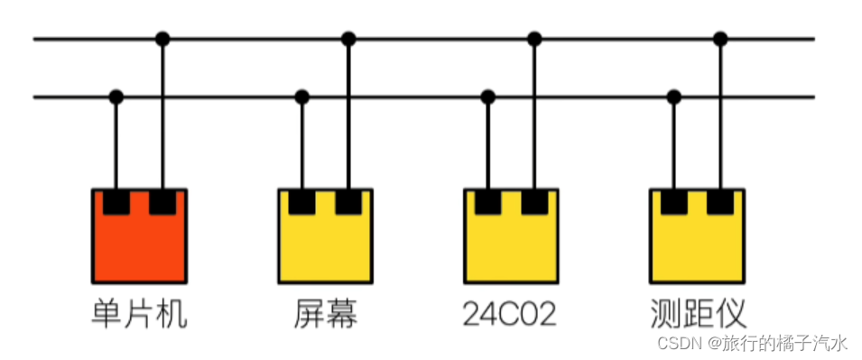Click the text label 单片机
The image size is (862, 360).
pos(139,313)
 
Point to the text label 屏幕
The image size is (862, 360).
pos(325,313)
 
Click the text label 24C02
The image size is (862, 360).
pos(510,313)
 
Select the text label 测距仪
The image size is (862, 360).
pos(697,313)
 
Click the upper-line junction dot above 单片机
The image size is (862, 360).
pos(162,39)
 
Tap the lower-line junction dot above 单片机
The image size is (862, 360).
pos(116,97)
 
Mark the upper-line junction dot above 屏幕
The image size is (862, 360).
pos(348,39)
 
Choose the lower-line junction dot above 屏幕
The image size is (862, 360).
pos(301,97)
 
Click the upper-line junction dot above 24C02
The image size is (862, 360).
pos(534,39)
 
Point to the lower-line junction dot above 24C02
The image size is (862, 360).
pos(487,97)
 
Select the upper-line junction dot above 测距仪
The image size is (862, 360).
pos(720,39)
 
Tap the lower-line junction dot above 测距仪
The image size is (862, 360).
pos(673,97)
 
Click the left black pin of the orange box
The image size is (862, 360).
pos(116,202)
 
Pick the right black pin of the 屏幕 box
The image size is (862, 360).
pos(348,202)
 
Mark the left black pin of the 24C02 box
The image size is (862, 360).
pos(487,202)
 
